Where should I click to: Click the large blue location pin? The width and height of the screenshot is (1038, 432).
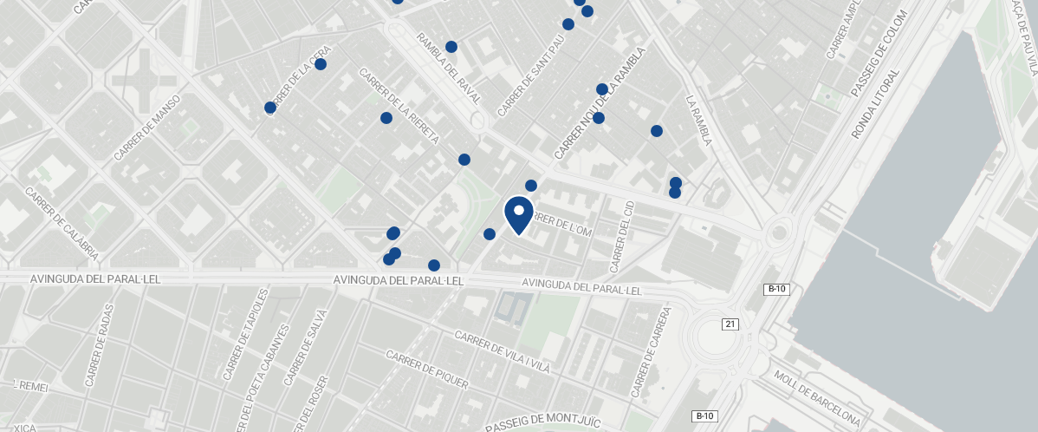point(518,213)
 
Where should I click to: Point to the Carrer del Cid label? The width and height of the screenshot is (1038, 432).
point(622,235)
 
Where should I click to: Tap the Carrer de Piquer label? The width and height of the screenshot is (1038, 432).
point(427,370)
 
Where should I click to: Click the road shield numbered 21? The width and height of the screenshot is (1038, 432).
point(730,324)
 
